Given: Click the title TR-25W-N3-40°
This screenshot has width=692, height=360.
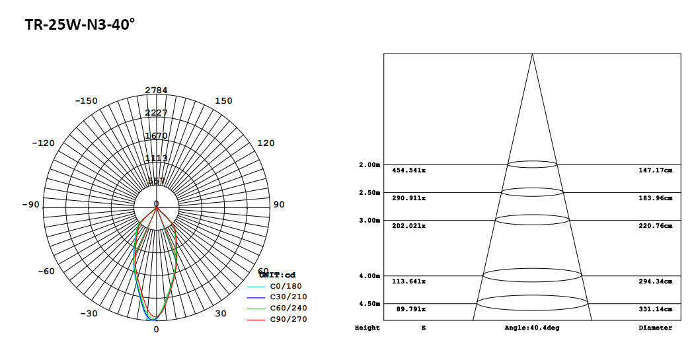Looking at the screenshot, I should coord(79,25).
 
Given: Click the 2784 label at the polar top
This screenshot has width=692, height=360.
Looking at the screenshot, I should coord(156,90).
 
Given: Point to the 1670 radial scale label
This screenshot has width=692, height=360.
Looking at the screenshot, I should coord(156,135).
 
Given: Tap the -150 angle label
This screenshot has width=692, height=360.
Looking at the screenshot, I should coord(86,101).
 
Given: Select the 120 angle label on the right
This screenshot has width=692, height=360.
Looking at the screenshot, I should coord(266,143).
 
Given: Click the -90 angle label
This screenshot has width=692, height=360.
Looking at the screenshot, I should coord(30,204).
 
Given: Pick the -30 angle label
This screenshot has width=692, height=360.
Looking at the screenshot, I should coord(90,313).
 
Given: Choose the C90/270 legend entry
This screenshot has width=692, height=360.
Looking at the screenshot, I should coord(288,320).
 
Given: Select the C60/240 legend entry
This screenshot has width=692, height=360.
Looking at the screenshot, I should coord(288,308).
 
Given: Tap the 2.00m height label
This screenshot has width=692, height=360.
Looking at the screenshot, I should coord(369,164).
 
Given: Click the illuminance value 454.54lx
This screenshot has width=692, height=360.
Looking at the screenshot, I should coord(409,170).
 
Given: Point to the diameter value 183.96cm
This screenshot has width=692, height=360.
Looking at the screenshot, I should coord(656,198).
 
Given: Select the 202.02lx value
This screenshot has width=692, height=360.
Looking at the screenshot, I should coord(409,226).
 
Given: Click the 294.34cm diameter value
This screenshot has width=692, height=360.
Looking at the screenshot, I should coord(656,281).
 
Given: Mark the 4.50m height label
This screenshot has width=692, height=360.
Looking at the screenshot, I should coord(369,304).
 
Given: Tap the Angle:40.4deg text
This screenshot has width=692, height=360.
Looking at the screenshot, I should coord(532,328).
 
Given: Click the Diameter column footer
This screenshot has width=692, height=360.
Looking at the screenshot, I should coord(656,328).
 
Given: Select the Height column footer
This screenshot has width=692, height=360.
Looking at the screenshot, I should coord(367,328).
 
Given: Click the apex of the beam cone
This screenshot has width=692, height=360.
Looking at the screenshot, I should coord(532,54).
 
